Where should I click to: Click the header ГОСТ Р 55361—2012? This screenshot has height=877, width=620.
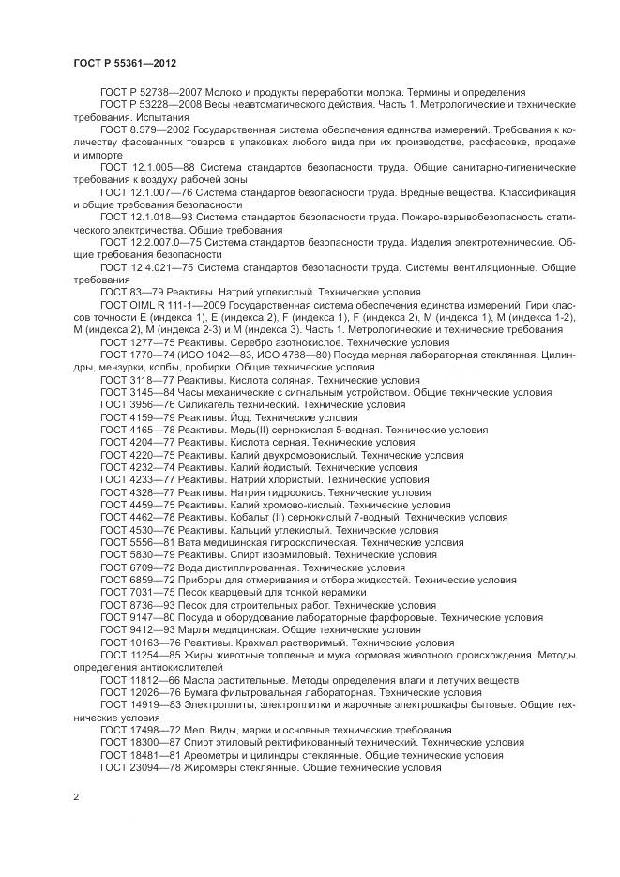pyautogui.click(x=124, y=62)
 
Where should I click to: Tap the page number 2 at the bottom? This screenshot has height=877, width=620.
pyautogui.click(x=76, y=797)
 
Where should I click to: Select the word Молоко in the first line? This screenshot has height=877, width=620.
pyautogui.click(x=216, y=92)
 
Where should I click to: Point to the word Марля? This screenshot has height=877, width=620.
pyautogui.click(x=196, y=630)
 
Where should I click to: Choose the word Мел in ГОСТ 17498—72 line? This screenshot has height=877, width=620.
pyautogui.click(x=193, y=729)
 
